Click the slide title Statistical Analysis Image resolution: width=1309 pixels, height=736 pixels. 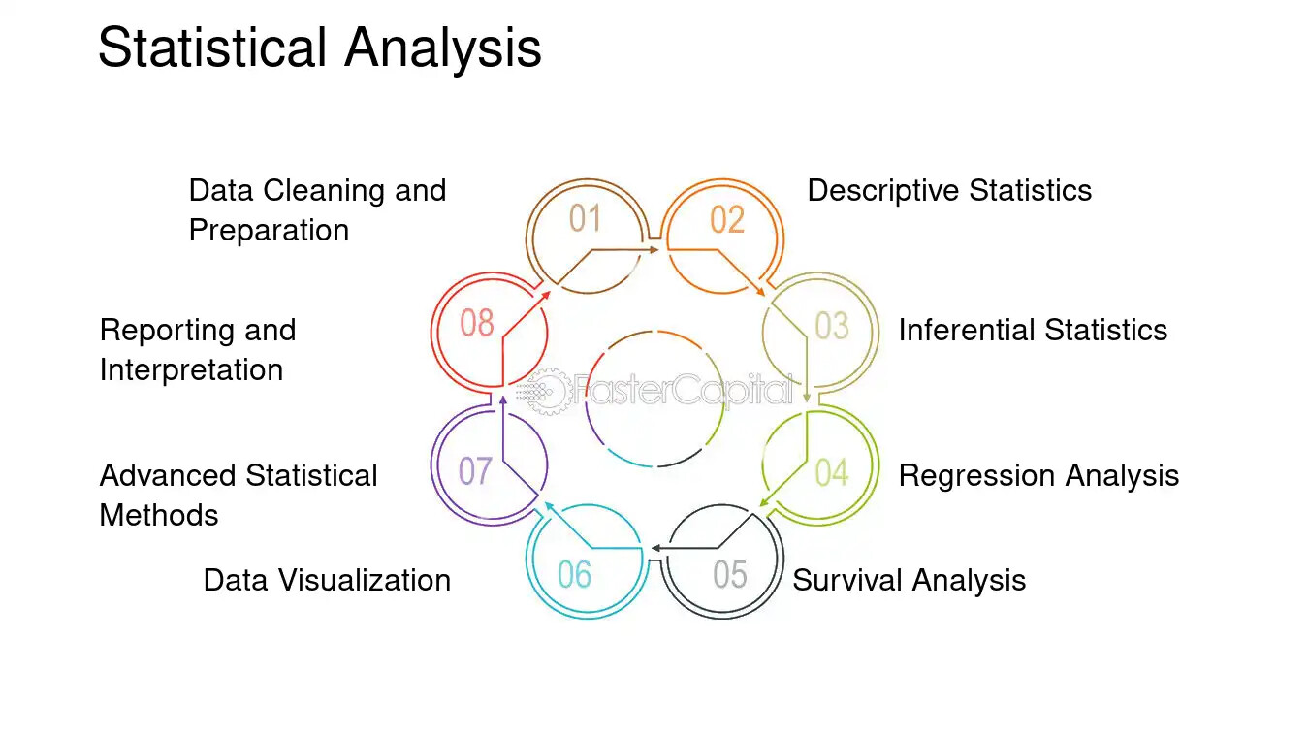click(319, 48)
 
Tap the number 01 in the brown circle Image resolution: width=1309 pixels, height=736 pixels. click(585, 219)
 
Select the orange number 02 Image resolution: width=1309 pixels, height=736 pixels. click(727, 220)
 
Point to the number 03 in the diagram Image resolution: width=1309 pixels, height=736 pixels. click(831, 326)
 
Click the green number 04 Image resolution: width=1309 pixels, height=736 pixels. click(831, 472)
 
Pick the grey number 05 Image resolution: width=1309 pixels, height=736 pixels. click(730, 574)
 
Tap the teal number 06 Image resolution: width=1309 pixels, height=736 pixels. click(574, 574)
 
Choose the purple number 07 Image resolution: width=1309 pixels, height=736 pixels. click(475, 471)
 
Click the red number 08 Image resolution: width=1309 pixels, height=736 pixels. click(477, 323)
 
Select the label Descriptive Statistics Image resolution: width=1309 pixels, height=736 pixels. click(949, 190)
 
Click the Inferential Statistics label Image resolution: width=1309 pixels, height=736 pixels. click(1033, 330)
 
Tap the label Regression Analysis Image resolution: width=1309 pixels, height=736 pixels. click(1038, 475)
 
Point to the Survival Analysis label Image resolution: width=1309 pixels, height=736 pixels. click(909, 580)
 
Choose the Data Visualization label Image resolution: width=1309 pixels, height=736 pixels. click(327, 580)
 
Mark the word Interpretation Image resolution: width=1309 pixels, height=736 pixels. click(191, 369)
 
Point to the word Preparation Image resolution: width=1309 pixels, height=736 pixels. click(269, 231)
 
